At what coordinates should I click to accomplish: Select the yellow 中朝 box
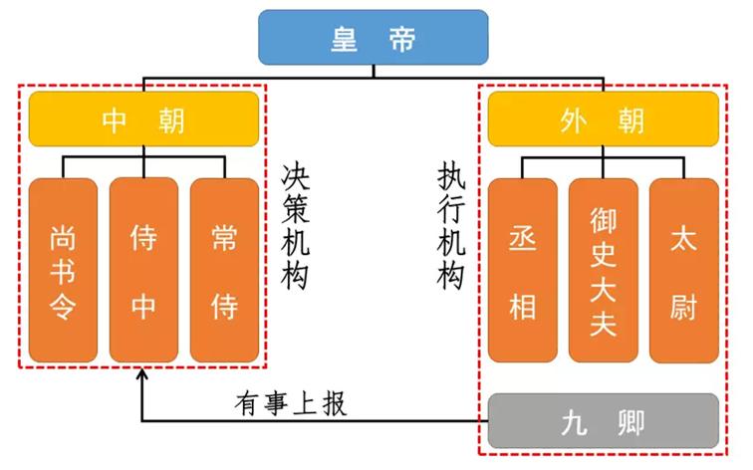coord(143,119)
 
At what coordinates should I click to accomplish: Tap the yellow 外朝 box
coord(603,119)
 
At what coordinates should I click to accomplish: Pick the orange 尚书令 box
coord(64,271)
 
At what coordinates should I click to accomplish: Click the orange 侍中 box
coord(143,271)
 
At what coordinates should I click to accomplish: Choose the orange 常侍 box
coord(224,271)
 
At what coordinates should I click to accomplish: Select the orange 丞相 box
coord(523,271)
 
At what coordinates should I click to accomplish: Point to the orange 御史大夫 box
coord(603,271)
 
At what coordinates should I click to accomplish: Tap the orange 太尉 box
coord(683,271)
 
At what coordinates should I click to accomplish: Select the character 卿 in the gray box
coord(630,421)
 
